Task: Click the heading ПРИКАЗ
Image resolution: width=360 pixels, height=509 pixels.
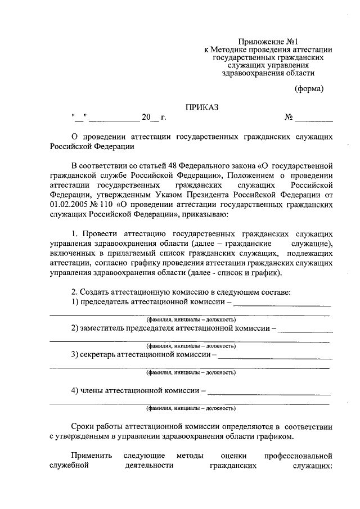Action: [202, 106]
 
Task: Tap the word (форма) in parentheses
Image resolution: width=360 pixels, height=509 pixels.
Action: [309, 88]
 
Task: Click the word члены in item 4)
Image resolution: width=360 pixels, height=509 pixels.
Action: [93, 390]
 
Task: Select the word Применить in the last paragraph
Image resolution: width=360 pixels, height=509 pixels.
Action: [92, 456]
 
